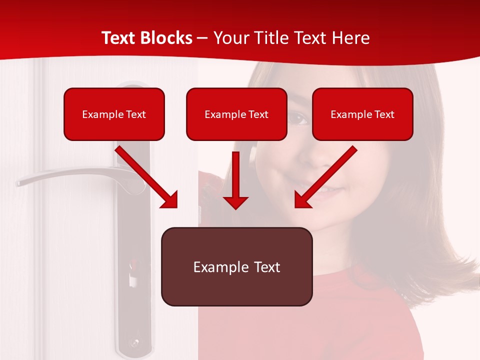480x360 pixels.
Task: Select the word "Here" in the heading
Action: [x=350, y=38]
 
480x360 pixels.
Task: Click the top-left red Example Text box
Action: [x=114, y=114]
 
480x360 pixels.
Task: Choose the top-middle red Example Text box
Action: [x=236, y=114]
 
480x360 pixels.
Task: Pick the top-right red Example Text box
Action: [x=362, y=114]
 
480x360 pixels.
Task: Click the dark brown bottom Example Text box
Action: [x=236, y=266]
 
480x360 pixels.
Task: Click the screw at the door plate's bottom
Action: [x=134, y=344]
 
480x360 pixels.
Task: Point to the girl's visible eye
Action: [x=299, y=118]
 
